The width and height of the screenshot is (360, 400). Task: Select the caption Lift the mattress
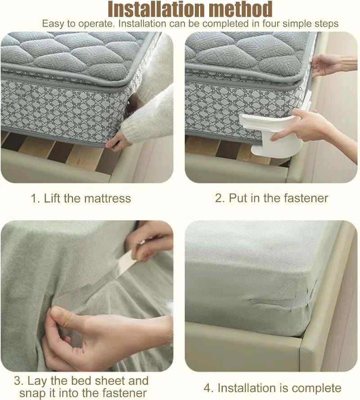[x=81, y=198]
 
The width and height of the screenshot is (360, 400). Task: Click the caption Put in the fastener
[x=271, y=198]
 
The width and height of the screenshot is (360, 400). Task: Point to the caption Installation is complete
[x=273, y=388]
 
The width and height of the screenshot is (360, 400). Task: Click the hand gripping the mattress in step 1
[x=118, y=140]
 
